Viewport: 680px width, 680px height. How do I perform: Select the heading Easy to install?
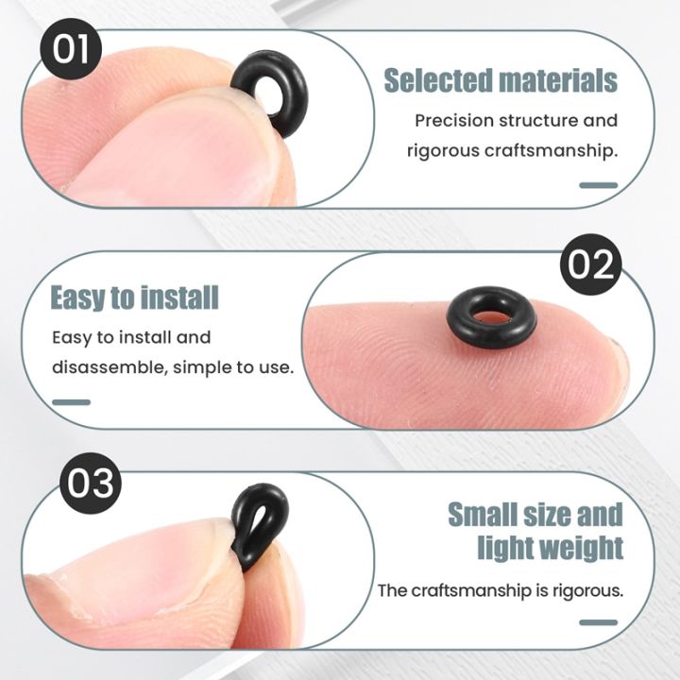[x=134, y=298]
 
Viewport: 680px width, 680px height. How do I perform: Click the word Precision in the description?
[x=455, y=121]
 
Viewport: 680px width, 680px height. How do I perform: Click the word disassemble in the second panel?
[x=106, y=366]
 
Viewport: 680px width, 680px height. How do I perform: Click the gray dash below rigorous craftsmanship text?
[x=598, y=185]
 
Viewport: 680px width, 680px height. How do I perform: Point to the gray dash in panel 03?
[x=598, y=622]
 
